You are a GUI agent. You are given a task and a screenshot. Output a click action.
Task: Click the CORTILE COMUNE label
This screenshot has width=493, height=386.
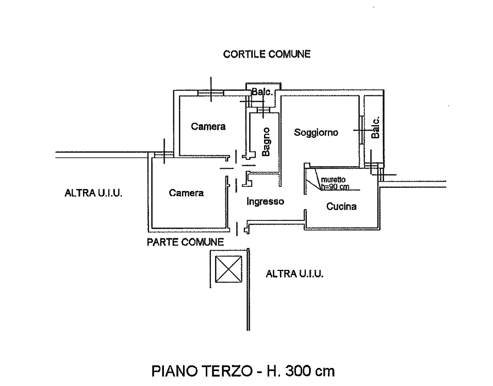coord(266,54)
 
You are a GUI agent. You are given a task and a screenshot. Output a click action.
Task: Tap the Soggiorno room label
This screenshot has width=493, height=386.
coord(316,133)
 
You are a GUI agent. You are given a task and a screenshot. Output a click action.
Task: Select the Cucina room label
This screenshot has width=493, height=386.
coord(341,207)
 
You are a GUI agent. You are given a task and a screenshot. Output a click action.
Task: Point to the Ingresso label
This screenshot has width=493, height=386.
coord(265,202)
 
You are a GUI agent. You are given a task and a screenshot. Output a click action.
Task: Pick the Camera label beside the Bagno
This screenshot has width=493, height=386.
coord(208,126)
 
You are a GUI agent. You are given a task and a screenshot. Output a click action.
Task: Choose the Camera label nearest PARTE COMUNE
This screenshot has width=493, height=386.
coord(187,194)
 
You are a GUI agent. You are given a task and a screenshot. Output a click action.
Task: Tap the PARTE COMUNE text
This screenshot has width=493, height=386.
coord(185,242)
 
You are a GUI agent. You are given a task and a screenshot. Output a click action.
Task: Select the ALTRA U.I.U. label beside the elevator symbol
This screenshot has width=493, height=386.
coord(294,274)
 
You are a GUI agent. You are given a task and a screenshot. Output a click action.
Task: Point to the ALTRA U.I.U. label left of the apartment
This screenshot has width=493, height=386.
coord(95,194)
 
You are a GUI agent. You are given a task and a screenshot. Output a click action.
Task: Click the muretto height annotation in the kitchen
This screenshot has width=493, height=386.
coord(336,183)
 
